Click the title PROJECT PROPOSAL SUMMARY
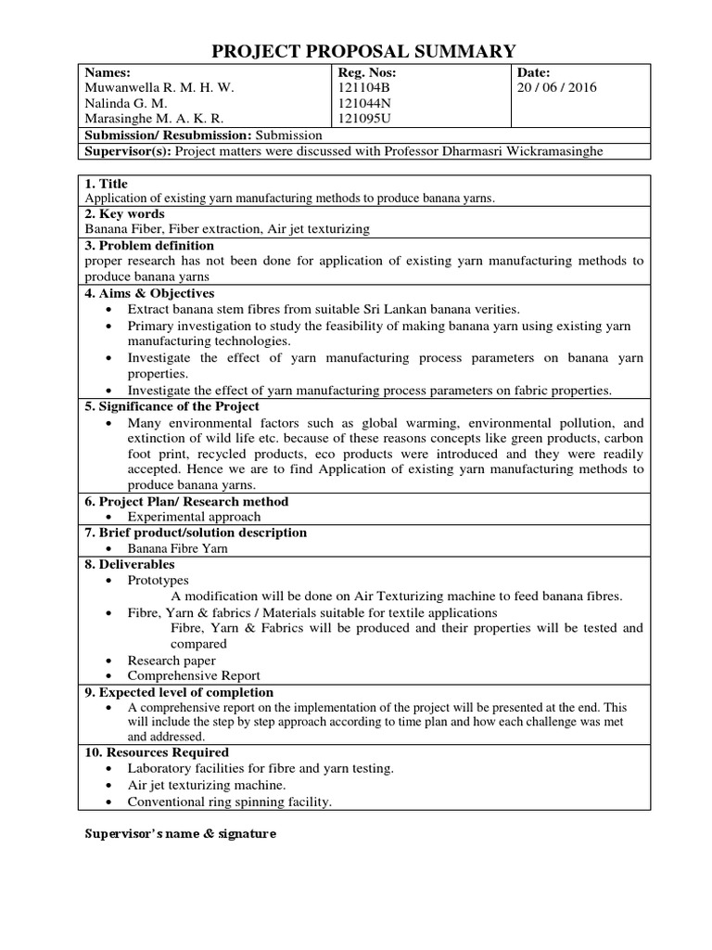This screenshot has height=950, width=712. (x=364, y=50)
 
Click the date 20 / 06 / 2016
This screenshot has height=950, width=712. (x=558, y=88)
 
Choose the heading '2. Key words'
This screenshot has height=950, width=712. (x=124, y=214)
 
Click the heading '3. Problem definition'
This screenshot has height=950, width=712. (x=149, y=245)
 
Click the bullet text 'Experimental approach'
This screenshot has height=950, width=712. (x=194, y=517)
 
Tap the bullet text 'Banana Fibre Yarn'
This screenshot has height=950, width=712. (x=178, y=548)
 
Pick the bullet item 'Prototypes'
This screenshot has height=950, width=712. (x=158, y=580)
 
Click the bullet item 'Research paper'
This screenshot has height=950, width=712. (x=172, y=661)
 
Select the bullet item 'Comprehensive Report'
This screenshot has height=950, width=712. (x=194, y=675)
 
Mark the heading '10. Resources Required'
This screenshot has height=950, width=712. (x=157, y=752)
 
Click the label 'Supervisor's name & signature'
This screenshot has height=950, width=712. (x=181, y=834)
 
